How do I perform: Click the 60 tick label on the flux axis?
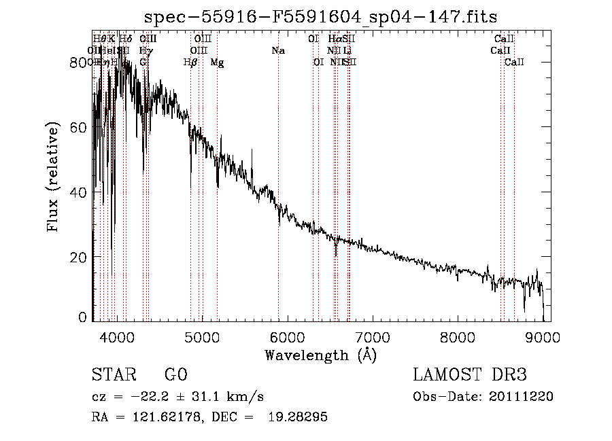(80, 127)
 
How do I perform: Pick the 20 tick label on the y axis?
(80, 257)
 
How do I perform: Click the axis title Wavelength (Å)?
(320, 355)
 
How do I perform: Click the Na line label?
(277, 50)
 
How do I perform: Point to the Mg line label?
(217, 63)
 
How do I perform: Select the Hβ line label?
(190, 63)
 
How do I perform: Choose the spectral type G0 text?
(175, 375)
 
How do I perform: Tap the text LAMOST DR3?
(470, 375)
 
